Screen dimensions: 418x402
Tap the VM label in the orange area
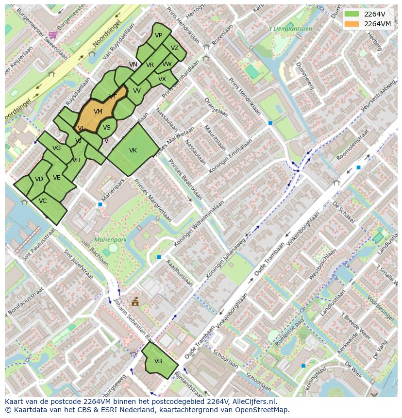click(x=98, y=112)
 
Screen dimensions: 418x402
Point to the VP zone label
click(x=158, y=35)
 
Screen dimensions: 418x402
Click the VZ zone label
click(x=175, y=48)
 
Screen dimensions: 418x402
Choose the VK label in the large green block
click(x=133, y=150)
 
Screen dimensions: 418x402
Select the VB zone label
click(x=158, y=361)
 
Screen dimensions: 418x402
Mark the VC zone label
click(x=43, y=201)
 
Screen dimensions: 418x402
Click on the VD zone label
click(x=39, y=179)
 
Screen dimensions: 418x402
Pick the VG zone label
click(x=56, y=148)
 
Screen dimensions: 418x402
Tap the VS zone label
click(x=107, y=128)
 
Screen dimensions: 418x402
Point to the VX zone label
click(x=162, y=79)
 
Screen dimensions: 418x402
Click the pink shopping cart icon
click(x=52, y=34)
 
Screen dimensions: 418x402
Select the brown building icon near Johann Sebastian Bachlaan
click(x=135, y=302)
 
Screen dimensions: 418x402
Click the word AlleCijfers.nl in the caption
click(x=253, y=402)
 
